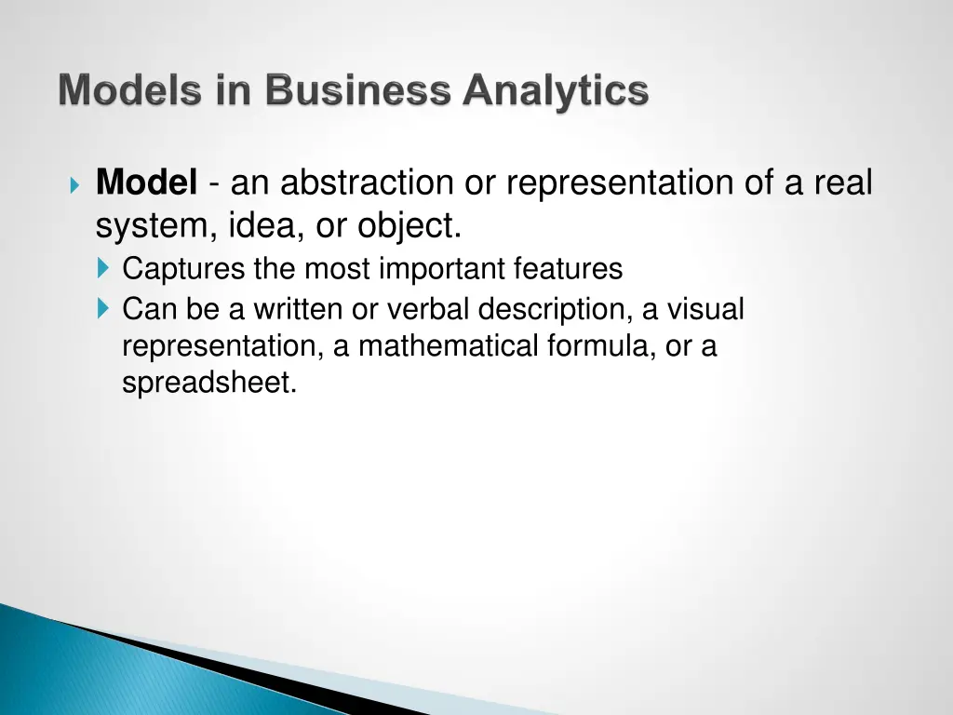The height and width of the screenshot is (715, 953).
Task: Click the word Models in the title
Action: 127,91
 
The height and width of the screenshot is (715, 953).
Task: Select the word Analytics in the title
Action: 556,91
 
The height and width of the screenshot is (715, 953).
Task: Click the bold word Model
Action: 146,182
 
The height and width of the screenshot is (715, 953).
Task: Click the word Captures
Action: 185,269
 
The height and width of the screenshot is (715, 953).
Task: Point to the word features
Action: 568,269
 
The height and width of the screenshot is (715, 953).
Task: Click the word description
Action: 554,308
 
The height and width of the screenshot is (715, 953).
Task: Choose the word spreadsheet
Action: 209,383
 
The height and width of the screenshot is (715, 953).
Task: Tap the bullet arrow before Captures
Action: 102,270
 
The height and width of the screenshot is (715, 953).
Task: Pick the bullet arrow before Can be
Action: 102,308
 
